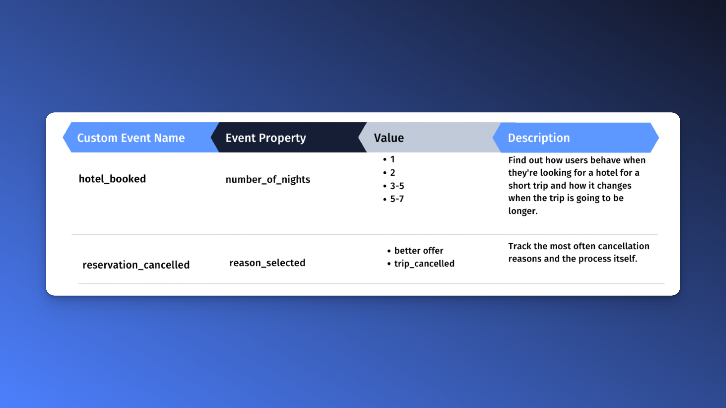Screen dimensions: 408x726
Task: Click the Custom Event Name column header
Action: pos(131,138)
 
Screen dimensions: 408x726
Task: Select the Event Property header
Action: pos(266,138)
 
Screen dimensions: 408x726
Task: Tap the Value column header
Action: pos(389,138)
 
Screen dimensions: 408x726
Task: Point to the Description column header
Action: pos(539,138)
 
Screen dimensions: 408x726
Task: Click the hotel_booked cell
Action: pos(112,179)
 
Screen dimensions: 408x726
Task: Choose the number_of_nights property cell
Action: pos(268,179)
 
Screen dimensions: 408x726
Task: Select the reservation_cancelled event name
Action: pos(136,265)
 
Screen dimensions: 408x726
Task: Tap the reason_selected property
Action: pos(267,263)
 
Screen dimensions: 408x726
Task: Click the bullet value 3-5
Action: pos(397,186)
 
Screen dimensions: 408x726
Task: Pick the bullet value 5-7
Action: pos(397,199)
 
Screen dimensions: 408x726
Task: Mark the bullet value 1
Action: pos(392,159)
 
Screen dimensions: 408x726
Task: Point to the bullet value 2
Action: pos(392,173)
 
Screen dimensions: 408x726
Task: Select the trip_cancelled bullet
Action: pos(424,263)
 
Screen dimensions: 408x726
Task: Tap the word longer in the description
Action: pos(523,211)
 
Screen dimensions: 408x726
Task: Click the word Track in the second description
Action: pos(520,246)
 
